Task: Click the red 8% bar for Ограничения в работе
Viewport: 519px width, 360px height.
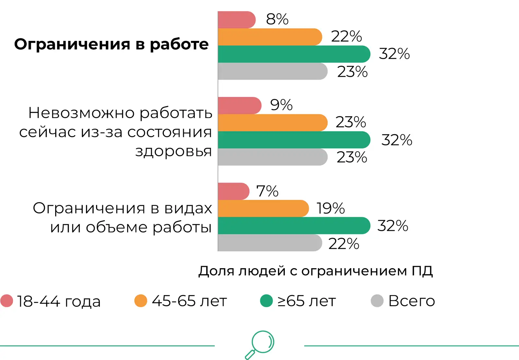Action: pyautogui.click(x=236, y=20)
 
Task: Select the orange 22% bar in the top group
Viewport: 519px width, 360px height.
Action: pyautogui.click(x=269, y=37)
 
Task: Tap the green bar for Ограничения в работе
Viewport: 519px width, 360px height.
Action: pyautogui.click(x=294, y=54)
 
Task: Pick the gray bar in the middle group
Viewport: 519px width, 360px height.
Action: pyautogui.click(x=272, y=157)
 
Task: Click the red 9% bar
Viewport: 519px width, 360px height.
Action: pyautogui.click(x=239, y=106)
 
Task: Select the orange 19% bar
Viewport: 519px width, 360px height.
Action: pyautogui.click(x=263, y=208)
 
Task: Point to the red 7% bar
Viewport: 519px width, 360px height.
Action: pyautogui.click(x=233, y=191)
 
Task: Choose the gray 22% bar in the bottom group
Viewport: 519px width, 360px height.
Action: pyautogui.click(x=269, y=243)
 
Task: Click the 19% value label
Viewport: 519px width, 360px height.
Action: pyautogui.click(x=331, y=208)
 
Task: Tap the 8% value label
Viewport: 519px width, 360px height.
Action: pyautogui.click(x=277, y=19)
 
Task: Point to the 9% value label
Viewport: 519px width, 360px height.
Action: pyautogui.click(x=281, y=105)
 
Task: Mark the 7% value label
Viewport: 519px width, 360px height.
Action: pyautogui.click(x=267, y=191)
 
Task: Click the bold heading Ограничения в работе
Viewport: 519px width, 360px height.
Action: pyautogui.click(x=111, y=44)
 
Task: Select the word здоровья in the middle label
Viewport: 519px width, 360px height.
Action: pyautogui.click(x=174, y=151)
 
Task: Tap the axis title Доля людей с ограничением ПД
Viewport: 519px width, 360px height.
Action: pyautogui.click(x=315, y=271)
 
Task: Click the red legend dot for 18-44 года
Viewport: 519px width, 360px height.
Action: pyautogui.click(x=7, y=301)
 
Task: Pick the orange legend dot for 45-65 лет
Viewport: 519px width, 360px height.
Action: pyautogui.click(x=141, y=301)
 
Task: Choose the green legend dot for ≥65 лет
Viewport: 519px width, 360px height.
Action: pyautogui.click(x=266, y=301)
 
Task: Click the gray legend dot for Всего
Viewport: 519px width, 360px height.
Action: pyautogui.click(x=377, y=301)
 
